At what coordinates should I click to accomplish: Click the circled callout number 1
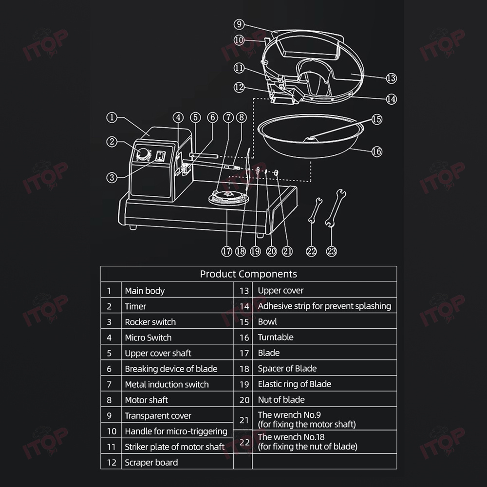click(x=112, y=117)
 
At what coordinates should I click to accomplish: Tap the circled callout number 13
click(x=392, y=78)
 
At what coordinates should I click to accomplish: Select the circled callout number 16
click(x=377, y=151)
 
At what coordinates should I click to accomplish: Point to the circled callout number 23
click(x=331, y=251)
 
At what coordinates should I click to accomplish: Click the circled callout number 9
click(x=239, y=24)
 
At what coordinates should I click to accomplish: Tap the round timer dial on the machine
click(x=143, y=154)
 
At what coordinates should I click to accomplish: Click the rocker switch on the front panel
click(x=160, y=156)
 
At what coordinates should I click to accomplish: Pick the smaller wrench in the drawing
click(x=315, y=210)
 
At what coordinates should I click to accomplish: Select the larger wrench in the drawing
click(x=336, y=208)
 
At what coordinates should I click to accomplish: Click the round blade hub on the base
click(x=228, y=197)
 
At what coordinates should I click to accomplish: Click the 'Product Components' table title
click(x=248, y=274)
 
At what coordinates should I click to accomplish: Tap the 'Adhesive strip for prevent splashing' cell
click(x=324, y=306)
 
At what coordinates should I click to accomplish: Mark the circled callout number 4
click(x=178, y=117)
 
